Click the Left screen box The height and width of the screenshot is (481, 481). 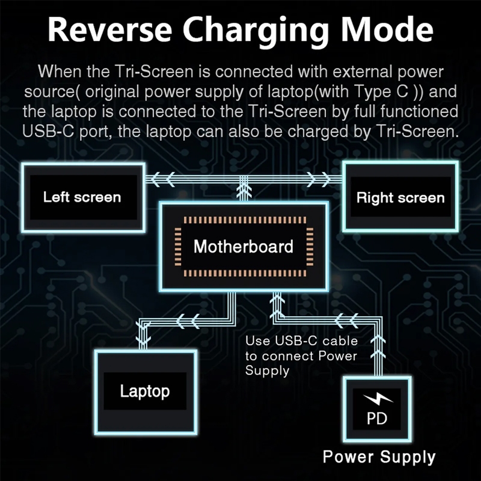(x=82, y=197)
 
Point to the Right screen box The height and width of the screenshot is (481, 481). (x=400, y=198)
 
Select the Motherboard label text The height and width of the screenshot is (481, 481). (x=244, y=246)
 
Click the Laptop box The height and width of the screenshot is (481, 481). (x=145, y=391)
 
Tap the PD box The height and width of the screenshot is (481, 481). (x=376, y=409)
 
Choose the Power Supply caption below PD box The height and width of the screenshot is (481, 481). (x=379, y=456)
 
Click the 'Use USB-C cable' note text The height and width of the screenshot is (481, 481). (x=301, y=342)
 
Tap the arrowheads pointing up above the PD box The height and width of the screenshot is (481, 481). (x=378, y=355)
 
